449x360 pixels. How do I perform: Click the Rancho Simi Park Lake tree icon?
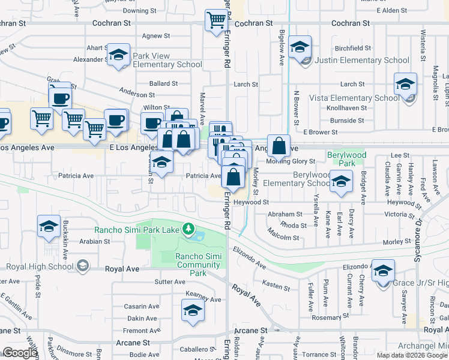[x=188, y=229]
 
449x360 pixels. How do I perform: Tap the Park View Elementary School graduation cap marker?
[x=119, y=55]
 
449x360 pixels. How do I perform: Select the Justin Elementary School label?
[x=363, y=60]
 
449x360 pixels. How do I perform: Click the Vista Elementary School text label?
[x=354, y=98]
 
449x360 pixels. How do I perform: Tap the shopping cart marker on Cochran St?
[x=216, y=20]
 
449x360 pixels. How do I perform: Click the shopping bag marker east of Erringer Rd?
[x=279, y=145]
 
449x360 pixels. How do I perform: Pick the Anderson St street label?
[x=137, y=92]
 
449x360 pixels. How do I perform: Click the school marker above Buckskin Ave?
[x=49, y=226]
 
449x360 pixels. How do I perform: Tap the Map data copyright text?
[x=411, y=355]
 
